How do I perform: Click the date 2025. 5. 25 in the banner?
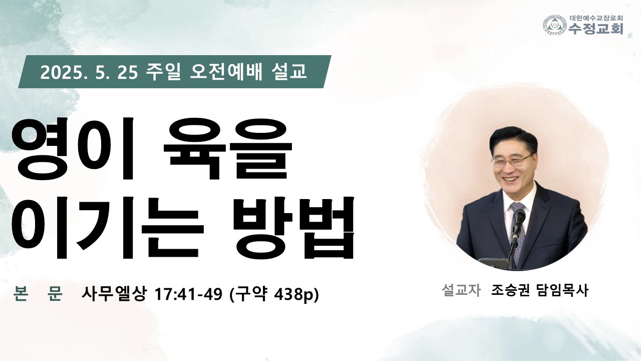[x=89, y=73]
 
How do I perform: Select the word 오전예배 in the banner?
[x=226, y=72]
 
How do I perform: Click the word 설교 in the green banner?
[x=288, y=72]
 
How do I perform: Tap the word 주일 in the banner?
[x=163, y=72]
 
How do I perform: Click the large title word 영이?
[x=73, y=148]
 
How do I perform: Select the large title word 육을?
[x=227, y=148]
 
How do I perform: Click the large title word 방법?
[x=294, y=228]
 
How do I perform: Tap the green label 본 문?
[x=38, y=293]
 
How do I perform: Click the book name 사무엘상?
[x=114, y=293]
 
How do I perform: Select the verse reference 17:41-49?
[x=188, y=294]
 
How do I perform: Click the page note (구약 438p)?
[x=274, y=294]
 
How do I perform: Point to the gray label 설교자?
[x=461, y=290]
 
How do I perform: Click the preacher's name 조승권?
[x=510, y=290]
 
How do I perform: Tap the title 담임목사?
[x=563, y=290]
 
